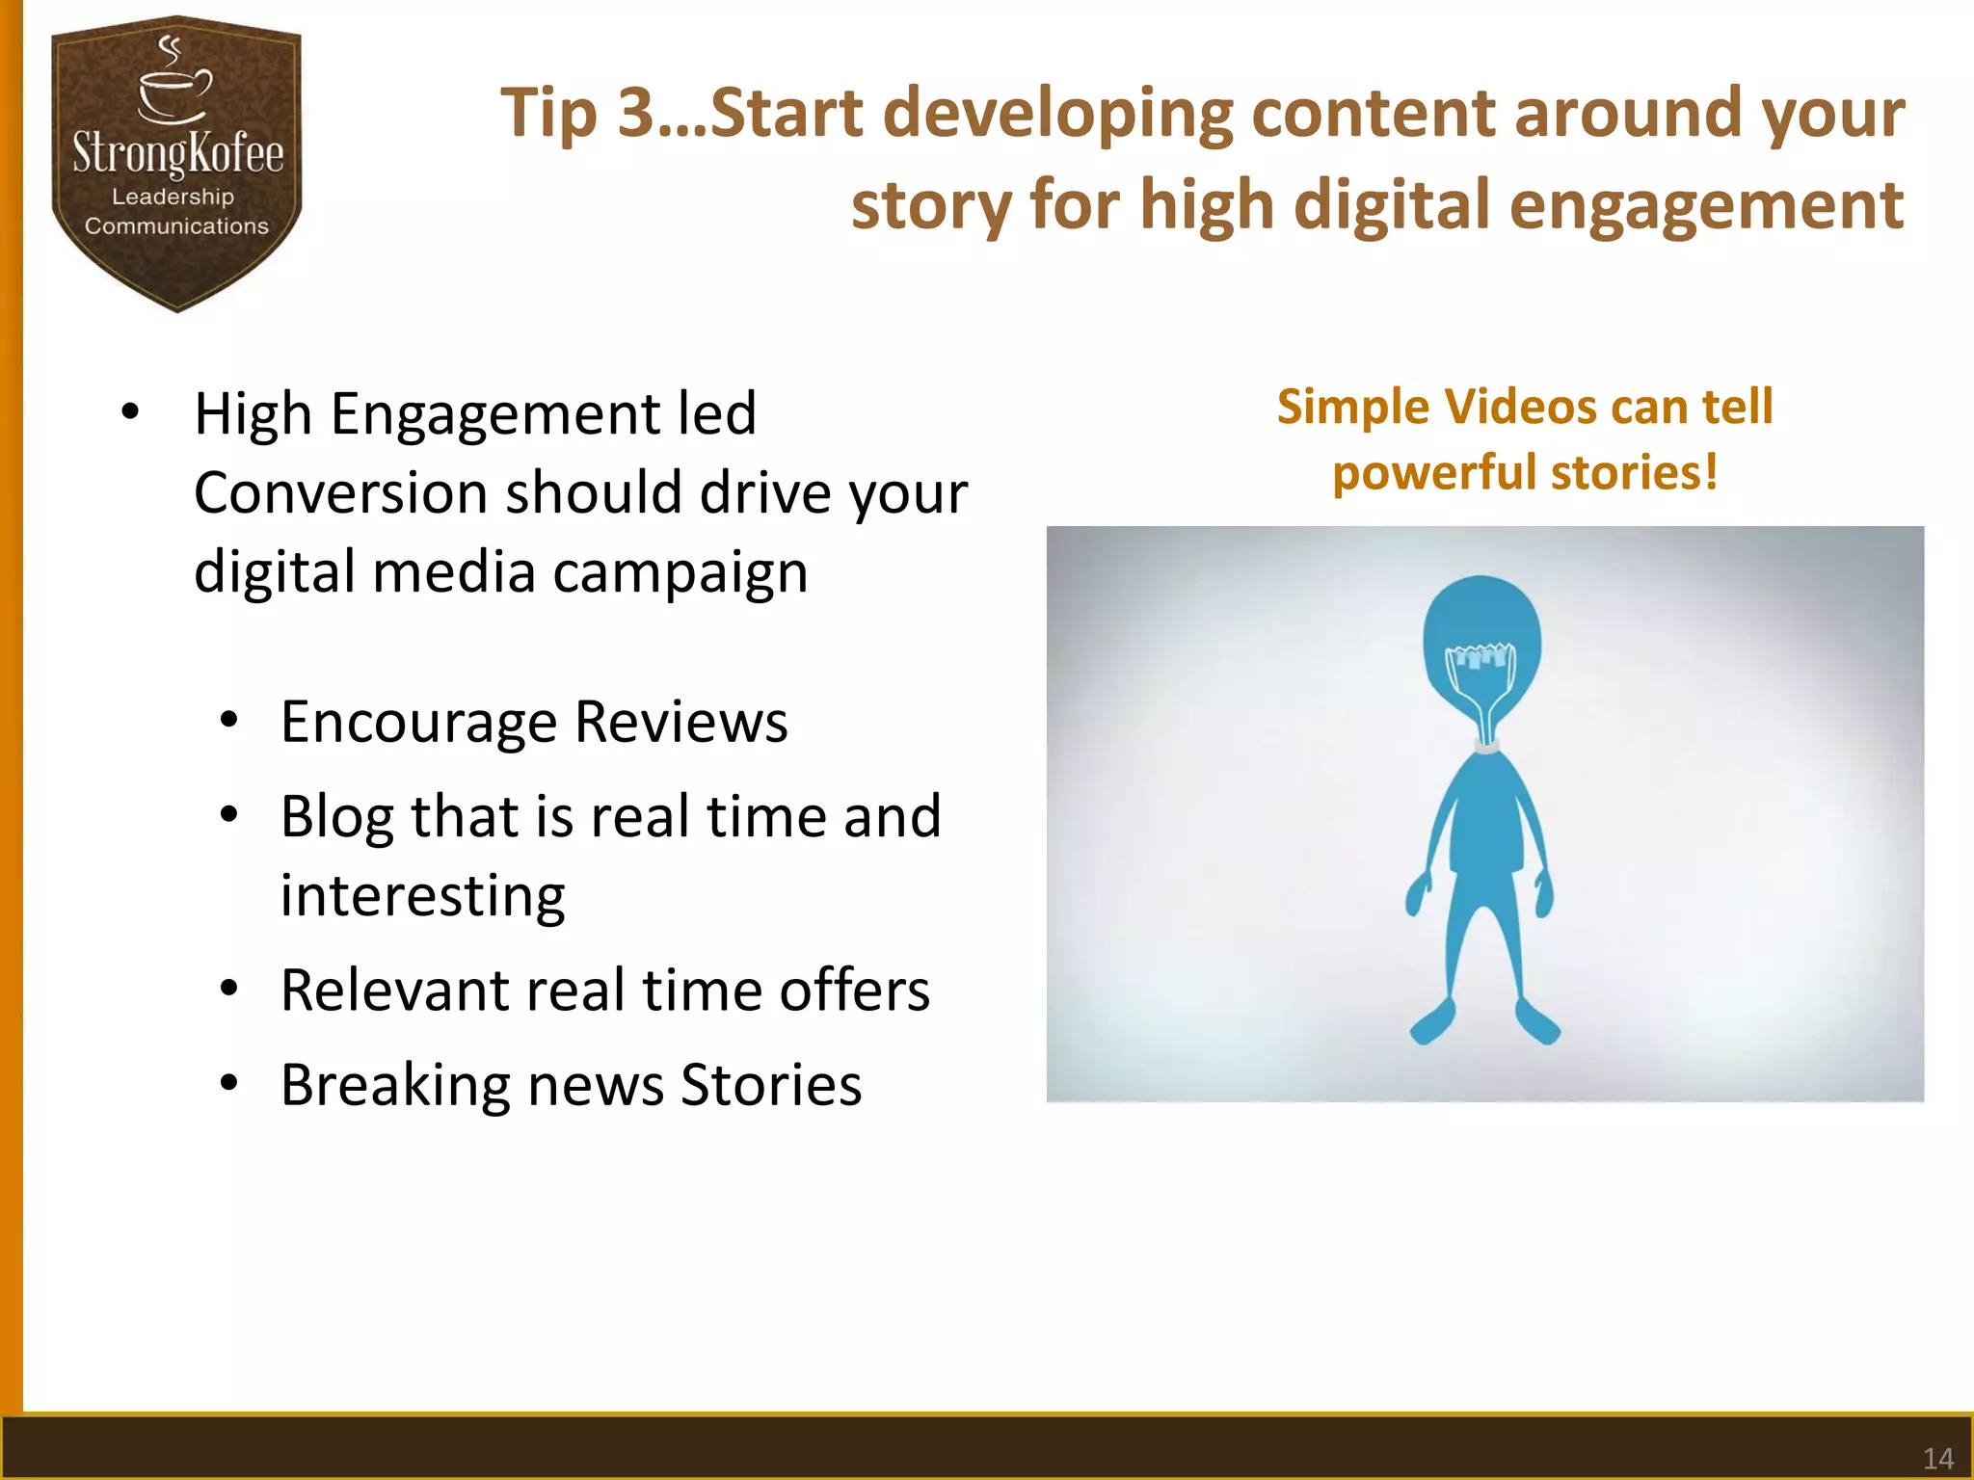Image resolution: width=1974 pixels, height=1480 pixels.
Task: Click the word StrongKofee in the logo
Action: pos(178,154)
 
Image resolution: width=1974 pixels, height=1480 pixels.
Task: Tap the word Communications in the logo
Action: pos(176,225)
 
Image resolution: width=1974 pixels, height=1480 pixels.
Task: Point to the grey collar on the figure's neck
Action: pos(1485,744)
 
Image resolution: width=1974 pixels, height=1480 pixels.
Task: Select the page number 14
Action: pos(1937,1458)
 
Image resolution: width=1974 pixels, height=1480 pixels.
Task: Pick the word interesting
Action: pos(422,896)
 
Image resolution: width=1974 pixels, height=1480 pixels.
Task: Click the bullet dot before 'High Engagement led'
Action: pos(130,413)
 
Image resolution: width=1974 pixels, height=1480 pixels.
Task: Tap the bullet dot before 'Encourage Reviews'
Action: pos(228,721)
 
